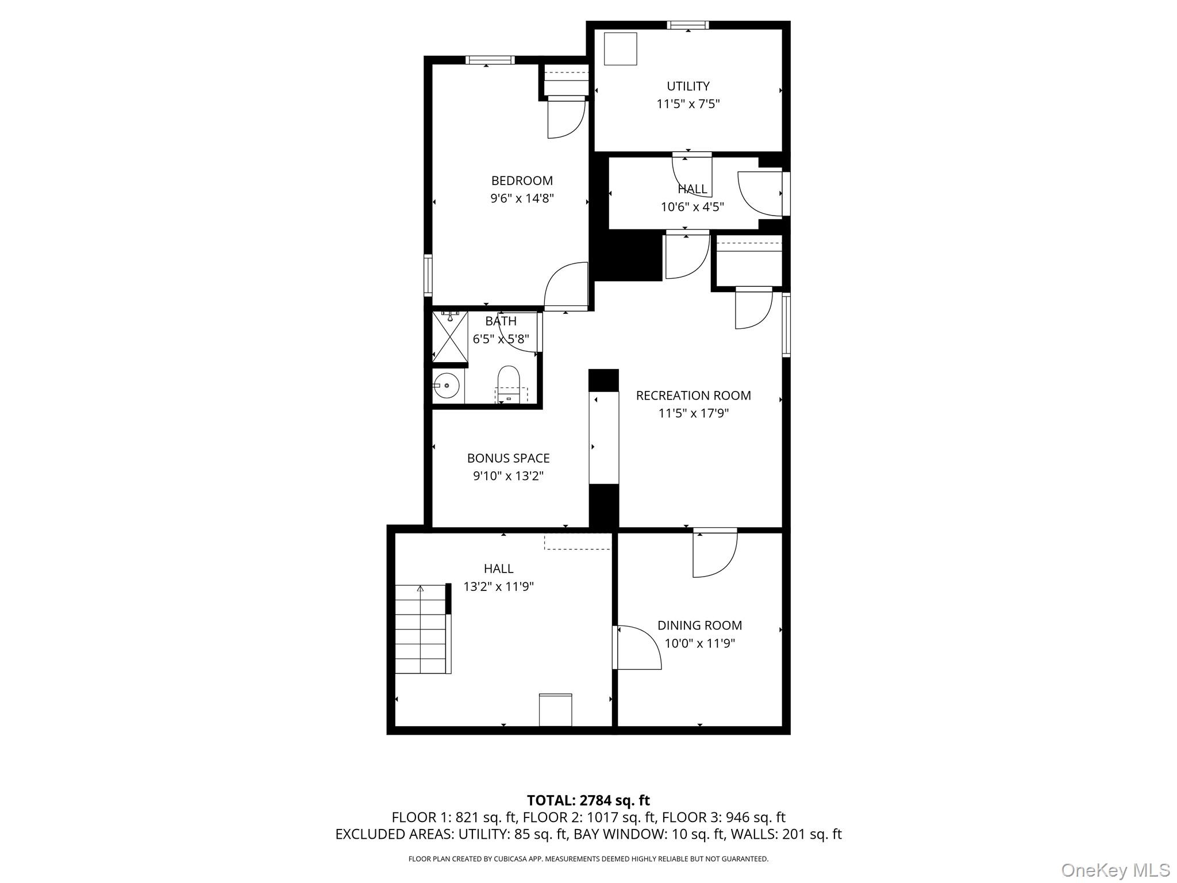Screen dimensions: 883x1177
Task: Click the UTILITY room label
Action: pyautogui.click(x=688, y=86)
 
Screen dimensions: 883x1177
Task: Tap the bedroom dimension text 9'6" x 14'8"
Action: pyautogui.click(x=522, y=199)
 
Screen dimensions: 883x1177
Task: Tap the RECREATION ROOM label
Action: pyautogui.click(x=693, y=396)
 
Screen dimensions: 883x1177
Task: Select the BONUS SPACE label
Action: pyautogui.click(x=508, y=458)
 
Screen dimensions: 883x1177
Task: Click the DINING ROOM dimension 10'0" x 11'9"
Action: pyautogui.click(x=699, y=643)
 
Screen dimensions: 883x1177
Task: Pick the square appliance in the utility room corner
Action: pyautogui.click(x=621, y=49)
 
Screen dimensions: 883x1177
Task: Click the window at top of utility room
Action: pyautogui.click(x=688, y=25)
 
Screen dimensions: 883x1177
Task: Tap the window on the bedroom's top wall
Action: pyautogui.click(x=490, y=60)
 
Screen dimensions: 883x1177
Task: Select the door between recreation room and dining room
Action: pyautogui.click(x=714, y=552)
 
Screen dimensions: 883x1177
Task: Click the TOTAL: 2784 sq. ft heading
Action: pyautogui.click(x=588, y=800)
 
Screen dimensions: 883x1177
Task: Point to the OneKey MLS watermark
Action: pyautogui.click(x=1115, y=870)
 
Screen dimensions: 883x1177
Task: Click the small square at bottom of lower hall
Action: pyautogui.click(x=555, y=710)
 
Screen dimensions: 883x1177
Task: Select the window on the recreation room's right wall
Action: pyautogui.click(x=786, y=325)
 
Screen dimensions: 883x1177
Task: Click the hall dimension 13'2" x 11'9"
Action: pyautogui.click(x=498, y=587)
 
